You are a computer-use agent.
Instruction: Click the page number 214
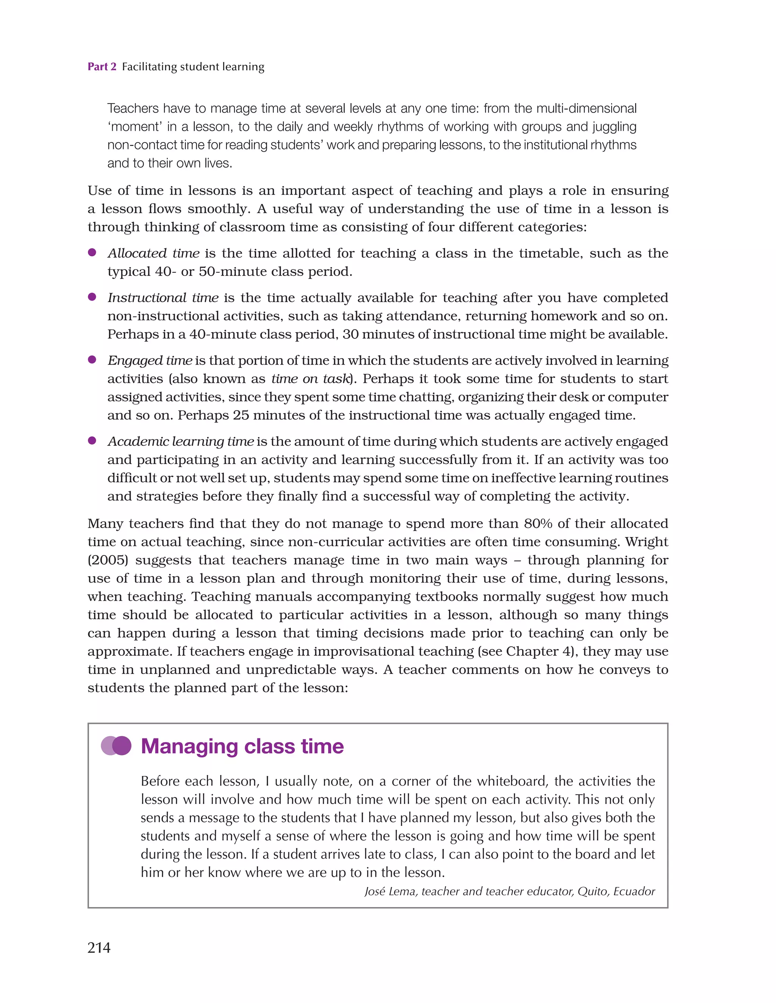tap(99, 947)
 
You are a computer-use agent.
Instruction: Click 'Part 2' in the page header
tap(102, 67)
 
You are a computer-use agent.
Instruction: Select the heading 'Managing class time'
tap(242, 746)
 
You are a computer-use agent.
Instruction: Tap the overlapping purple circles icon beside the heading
tap(116, 746)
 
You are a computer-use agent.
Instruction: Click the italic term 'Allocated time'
tap(153, 253)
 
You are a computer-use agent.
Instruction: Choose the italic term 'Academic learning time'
tap(180, 441)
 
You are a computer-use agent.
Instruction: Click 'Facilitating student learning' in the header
tap(193, 67)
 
